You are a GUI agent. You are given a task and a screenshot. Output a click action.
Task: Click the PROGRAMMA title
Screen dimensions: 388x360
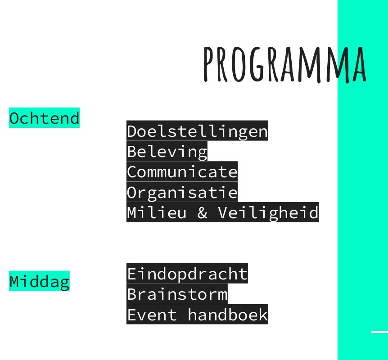[x=284, y=64]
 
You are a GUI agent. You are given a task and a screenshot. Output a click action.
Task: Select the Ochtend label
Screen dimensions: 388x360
[x=44, y=118]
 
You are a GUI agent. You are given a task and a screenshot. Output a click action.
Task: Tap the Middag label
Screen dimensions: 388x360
[x=39, y=281]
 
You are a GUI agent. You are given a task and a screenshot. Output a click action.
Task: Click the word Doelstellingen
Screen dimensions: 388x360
[x=197, y=131]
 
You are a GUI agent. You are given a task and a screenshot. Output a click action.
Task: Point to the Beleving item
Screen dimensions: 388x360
[x=167, y=151]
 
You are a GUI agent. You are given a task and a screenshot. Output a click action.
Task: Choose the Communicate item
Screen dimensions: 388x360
[x=182, y=172]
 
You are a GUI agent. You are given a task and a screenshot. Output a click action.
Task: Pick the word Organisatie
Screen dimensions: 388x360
[x=182, y=192]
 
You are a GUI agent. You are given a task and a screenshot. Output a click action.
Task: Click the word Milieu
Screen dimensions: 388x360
[x=157, y=212]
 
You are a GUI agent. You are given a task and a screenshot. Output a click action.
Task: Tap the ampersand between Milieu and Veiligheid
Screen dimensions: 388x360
[x=203, y=212]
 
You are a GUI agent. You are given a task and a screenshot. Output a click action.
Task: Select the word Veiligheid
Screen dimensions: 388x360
[x=268, y=212]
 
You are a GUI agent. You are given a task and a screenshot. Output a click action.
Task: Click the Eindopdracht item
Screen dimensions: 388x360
[x=187, y=274]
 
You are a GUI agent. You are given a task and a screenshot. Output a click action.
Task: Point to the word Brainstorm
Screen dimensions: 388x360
[x=177, y=294]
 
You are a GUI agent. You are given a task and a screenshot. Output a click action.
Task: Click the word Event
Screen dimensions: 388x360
[x=152, y=315]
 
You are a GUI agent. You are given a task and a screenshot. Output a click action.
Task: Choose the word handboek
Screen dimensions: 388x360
[x=228, y=315]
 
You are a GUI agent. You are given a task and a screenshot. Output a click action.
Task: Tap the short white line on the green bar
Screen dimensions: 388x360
[x=379, y=332]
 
